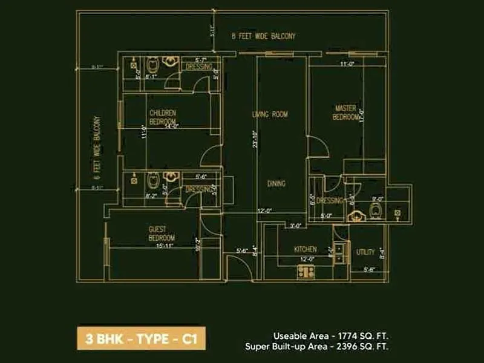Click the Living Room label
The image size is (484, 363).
click(270, 114)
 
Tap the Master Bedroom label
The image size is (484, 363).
click(345, 113)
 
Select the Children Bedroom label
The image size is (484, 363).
click(163, 117)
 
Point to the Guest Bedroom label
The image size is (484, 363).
click(162, 233)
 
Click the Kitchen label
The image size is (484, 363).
click(306, 249)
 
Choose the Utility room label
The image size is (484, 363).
click(365, 252)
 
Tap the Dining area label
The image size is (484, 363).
click(276, 183)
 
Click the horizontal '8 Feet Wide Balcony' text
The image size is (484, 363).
click(264, 36)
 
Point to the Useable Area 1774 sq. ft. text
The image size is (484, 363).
click(331, 335)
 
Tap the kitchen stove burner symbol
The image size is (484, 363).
click(306, 272)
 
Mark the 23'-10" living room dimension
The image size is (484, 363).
click(255, 139)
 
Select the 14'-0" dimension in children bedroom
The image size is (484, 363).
click(171, 126)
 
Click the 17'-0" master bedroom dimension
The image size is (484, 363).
click(362, 115)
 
